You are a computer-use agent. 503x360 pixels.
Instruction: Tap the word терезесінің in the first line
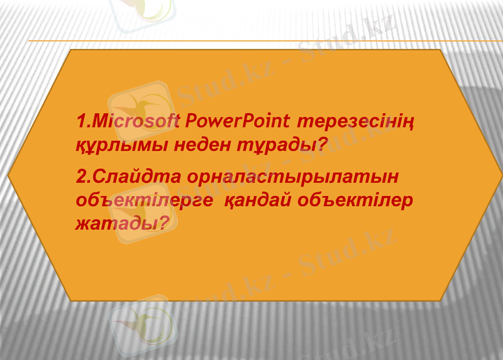pyautogui.click(x=356, y=120)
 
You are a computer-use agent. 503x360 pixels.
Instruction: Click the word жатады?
pyautogui.click(x=123, y=222)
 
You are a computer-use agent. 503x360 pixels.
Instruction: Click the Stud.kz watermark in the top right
pyautogui.click(x=352, y=44)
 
